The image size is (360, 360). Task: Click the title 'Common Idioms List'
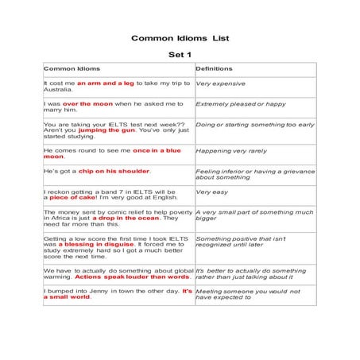[x=180, y=37]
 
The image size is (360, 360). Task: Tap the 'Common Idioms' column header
[x=72, y=69]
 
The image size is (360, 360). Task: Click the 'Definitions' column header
[x=214, y=69]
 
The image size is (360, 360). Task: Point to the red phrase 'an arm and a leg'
[x=105, y=83]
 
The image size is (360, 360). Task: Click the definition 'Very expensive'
[x=220, y=83]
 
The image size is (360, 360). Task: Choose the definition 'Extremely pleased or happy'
[x=240, y=104]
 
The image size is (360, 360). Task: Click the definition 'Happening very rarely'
[x=231, y=150]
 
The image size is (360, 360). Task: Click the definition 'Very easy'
[x=211, y=192]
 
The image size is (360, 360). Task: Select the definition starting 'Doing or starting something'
[x=254, y=125]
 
